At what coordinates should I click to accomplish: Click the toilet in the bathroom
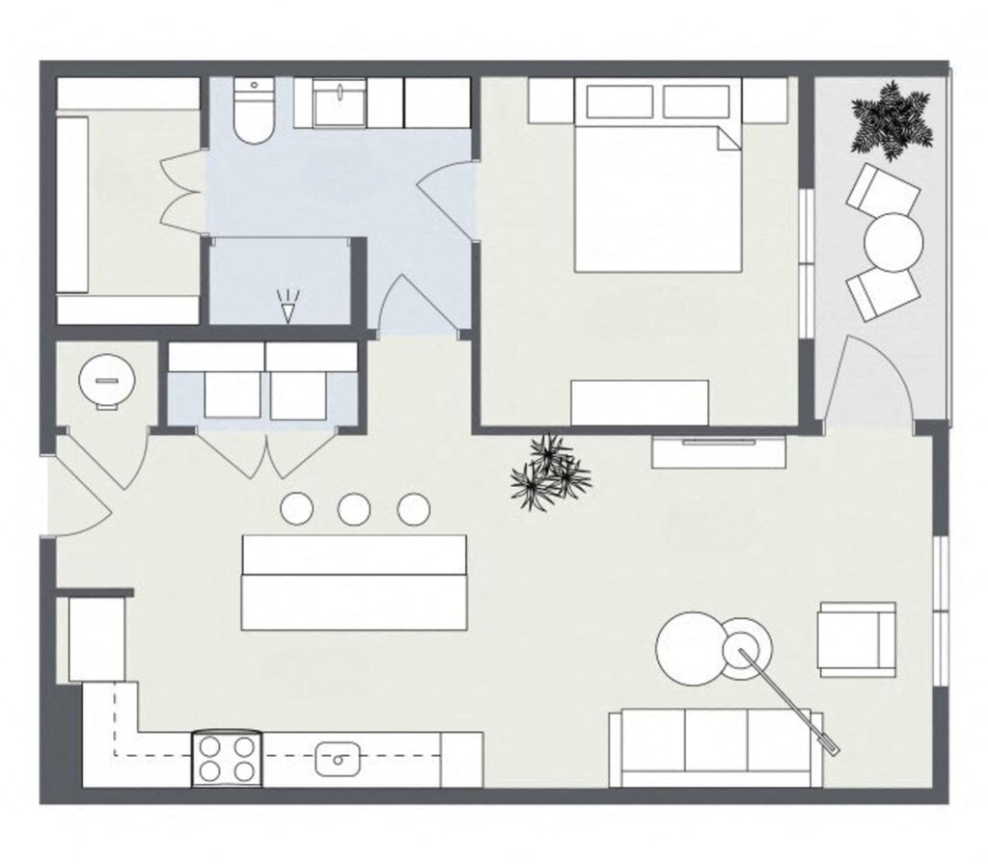(254, 116)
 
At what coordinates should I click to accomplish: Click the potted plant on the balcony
(892, 119)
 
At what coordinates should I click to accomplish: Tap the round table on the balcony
(893, 241)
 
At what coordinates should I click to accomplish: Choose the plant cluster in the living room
(549, 472)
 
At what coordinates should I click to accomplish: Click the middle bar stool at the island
(354, 508)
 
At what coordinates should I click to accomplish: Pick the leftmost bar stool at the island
(295, 508)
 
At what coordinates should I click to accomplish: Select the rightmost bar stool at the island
(413, 508)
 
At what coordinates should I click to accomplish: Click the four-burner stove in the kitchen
(229, 757)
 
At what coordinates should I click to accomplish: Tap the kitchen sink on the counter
(338, 759)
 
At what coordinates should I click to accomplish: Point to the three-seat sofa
(715, 747)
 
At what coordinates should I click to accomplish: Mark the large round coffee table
(692, 649)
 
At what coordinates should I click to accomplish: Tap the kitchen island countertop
(355, 581)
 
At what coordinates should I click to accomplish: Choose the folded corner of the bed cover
(729, 138)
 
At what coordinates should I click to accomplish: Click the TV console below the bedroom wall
(719, 451)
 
